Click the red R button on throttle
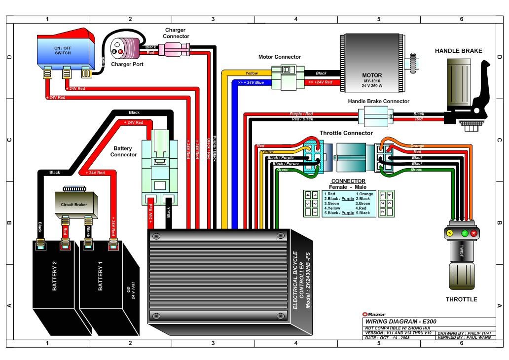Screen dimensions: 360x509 tap(473, 233)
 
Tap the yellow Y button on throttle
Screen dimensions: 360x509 tap(449, 233)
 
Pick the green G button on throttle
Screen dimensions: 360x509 tap(464, 233)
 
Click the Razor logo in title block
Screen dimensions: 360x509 tap(374, 314)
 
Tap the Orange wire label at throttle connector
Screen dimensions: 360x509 tap(417, 146)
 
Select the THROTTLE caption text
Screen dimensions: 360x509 tap(461, 299)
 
